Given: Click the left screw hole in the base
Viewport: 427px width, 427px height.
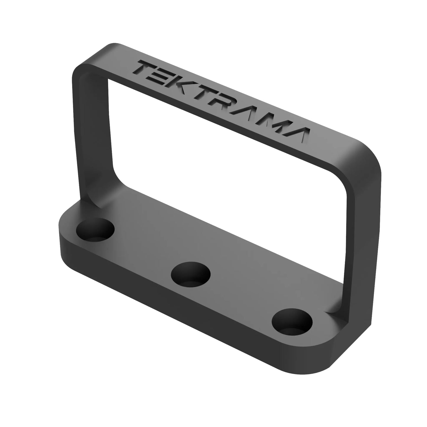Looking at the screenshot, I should pyautogui.click(x=95, y=230).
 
